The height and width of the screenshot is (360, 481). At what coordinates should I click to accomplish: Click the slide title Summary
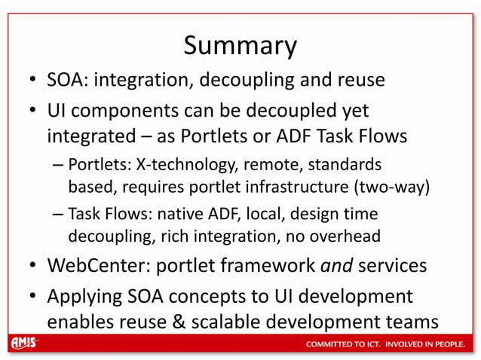pyautogui.click(x=240, y=46)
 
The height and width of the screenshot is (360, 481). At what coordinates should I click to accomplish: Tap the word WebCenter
pyautogui.click(x=95, y=267)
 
